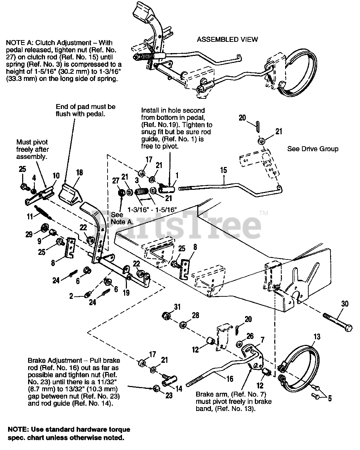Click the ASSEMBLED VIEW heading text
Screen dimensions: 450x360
227,39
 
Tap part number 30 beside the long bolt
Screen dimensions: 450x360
345,304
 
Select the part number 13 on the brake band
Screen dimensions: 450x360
316,337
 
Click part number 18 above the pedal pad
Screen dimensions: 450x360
79,172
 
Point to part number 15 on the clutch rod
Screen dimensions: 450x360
224,171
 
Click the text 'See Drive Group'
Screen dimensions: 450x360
313,149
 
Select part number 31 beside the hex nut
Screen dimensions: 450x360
177,307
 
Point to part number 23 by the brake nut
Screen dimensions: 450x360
169,395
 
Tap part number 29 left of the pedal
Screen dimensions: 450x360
29,234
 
